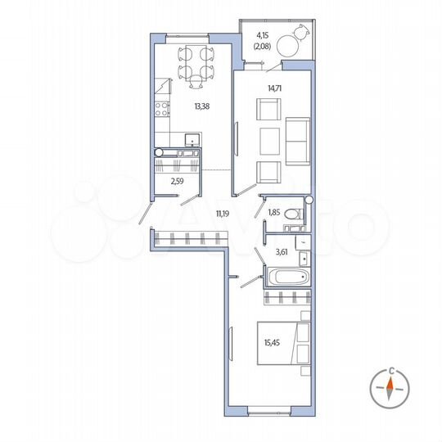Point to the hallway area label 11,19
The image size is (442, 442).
(x=222, y=214)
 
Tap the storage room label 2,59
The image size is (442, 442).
(x=176, y=182)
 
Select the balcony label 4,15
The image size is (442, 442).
(x=263, y=35)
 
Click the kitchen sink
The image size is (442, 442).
(x=191, y=139)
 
